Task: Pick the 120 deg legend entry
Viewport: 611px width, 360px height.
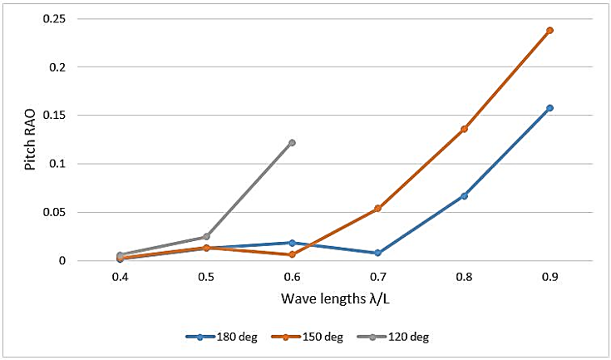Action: click(402, 337)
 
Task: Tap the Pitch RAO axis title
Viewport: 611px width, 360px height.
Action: click(31, 140)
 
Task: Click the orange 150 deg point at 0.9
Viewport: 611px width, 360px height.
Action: click(549, 30)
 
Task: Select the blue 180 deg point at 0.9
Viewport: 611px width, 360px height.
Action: click(549, 108)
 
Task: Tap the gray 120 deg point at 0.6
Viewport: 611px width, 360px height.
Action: click(292, 143)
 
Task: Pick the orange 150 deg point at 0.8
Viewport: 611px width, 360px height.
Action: click(464, 129)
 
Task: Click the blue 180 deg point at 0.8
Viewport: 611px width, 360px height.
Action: click(464, 195)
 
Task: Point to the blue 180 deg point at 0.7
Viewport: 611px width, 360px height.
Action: click(377, 253)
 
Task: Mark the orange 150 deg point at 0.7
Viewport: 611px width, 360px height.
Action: click(377, 208)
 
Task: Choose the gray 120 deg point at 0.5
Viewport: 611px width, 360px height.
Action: click(206, 237)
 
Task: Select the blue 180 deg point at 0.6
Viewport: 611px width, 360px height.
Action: click(292, 243)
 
